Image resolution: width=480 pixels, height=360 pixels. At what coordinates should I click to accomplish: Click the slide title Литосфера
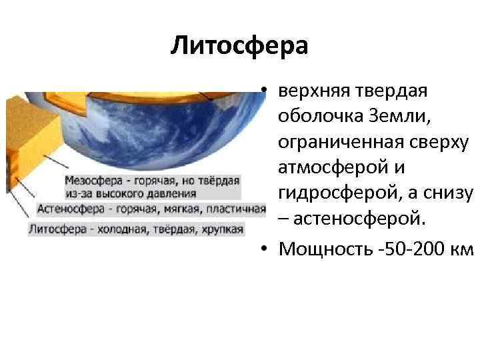pyautogui.click(x=239, y=46)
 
